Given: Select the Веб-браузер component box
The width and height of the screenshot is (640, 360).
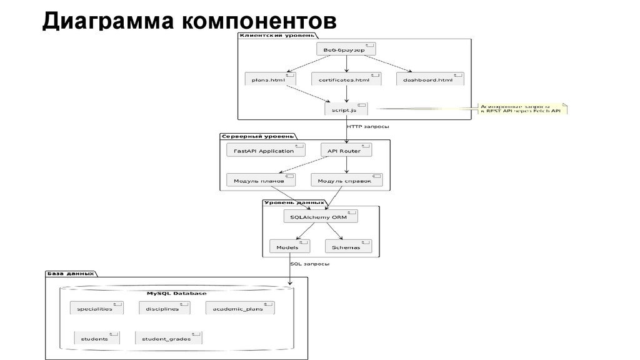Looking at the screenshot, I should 346,49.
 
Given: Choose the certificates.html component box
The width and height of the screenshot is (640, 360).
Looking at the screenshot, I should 344,79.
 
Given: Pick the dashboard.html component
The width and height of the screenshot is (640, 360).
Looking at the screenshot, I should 429,79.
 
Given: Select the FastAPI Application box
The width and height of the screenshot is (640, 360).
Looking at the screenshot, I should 265,151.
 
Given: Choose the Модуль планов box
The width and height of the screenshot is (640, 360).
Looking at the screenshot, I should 269,181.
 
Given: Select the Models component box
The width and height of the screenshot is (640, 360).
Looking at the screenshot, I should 287,247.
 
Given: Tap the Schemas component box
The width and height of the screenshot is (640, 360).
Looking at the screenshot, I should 347,247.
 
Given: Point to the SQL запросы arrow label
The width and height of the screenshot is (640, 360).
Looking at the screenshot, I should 310,264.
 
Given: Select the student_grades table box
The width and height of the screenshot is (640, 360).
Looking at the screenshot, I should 166,338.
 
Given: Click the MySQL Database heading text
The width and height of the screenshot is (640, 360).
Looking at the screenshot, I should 176,293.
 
